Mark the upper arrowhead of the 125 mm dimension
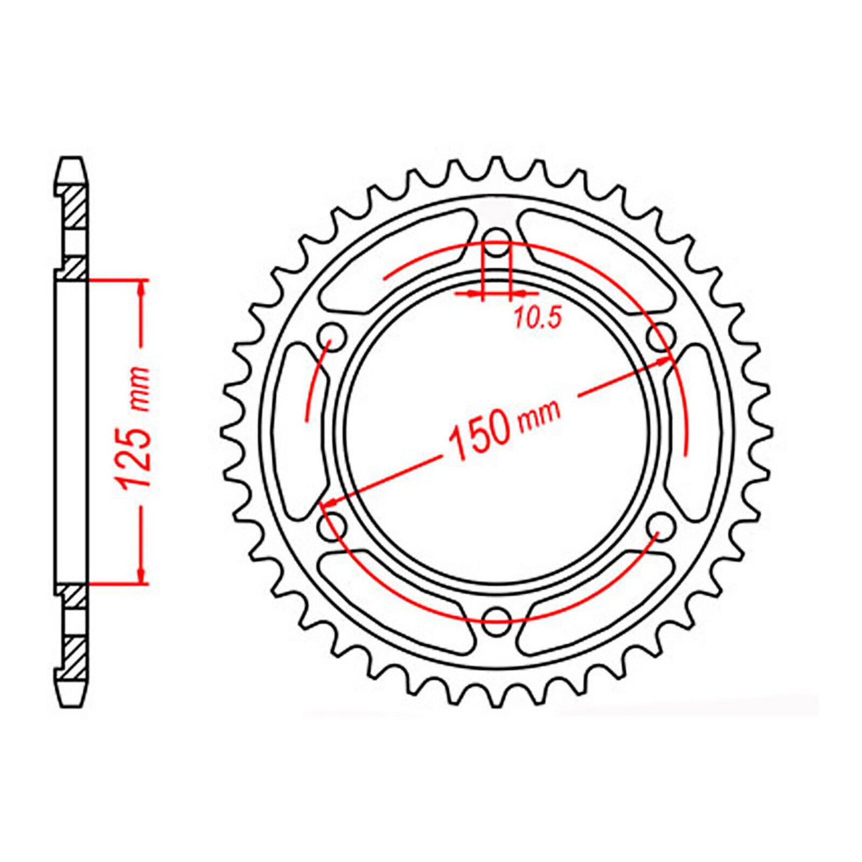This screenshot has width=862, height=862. [x=142, y=289]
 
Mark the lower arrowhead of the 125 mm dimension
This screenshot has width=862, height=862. [x=142, y=574]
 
